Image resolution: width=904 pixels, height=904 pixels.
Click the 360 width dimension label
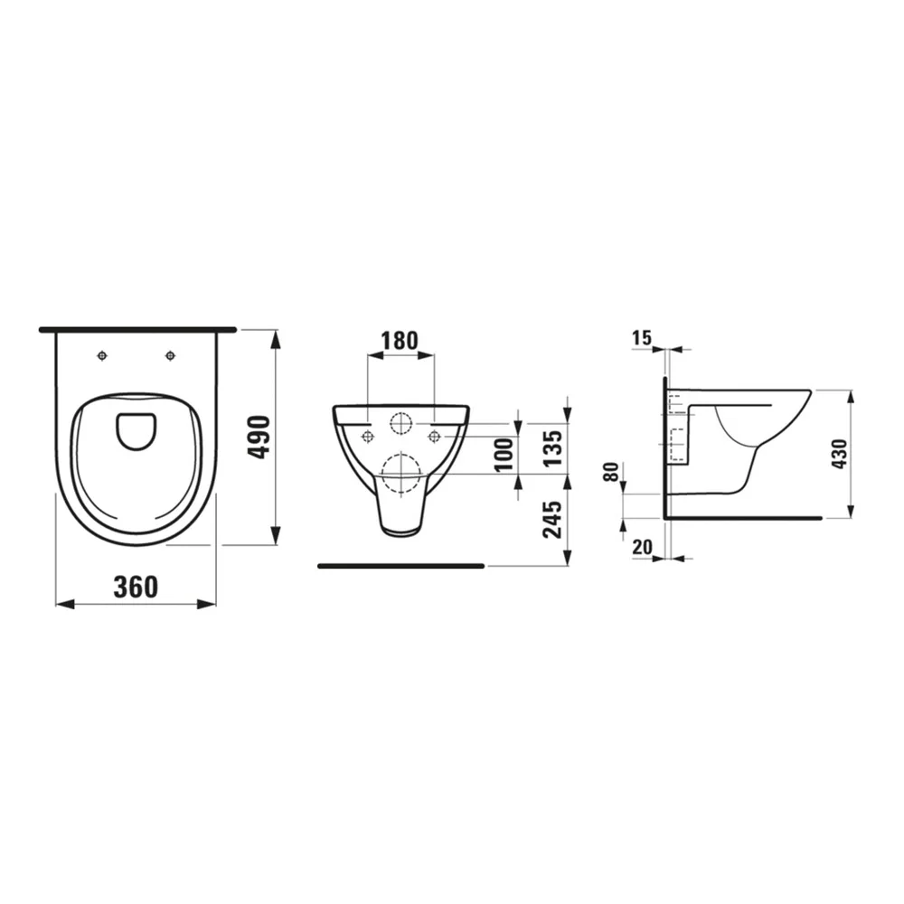[136, 587]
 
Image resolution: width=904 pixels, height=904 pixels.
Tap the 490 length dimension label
[259, 437]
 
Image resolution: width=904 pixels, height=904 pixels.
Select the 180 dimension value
[400, 341]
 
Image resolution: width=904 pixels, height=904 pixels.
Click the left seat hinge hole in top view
[103, 355]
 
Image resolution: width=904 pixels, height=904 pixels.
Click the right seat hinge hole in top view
[170, 355]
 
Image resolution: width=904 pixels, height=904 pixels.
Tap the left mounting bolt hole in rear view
[367, 438]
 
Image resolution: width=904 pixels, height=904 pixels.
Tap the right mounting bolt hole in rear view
[434, 438]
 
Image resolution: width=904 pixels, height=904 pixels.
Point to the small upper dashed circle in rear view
[400, 422]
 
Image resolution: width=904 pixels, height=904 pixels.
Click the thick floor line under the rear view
[400, 566]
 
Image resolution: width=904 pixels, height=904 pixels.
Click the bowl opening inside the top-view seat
[137, 430]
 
